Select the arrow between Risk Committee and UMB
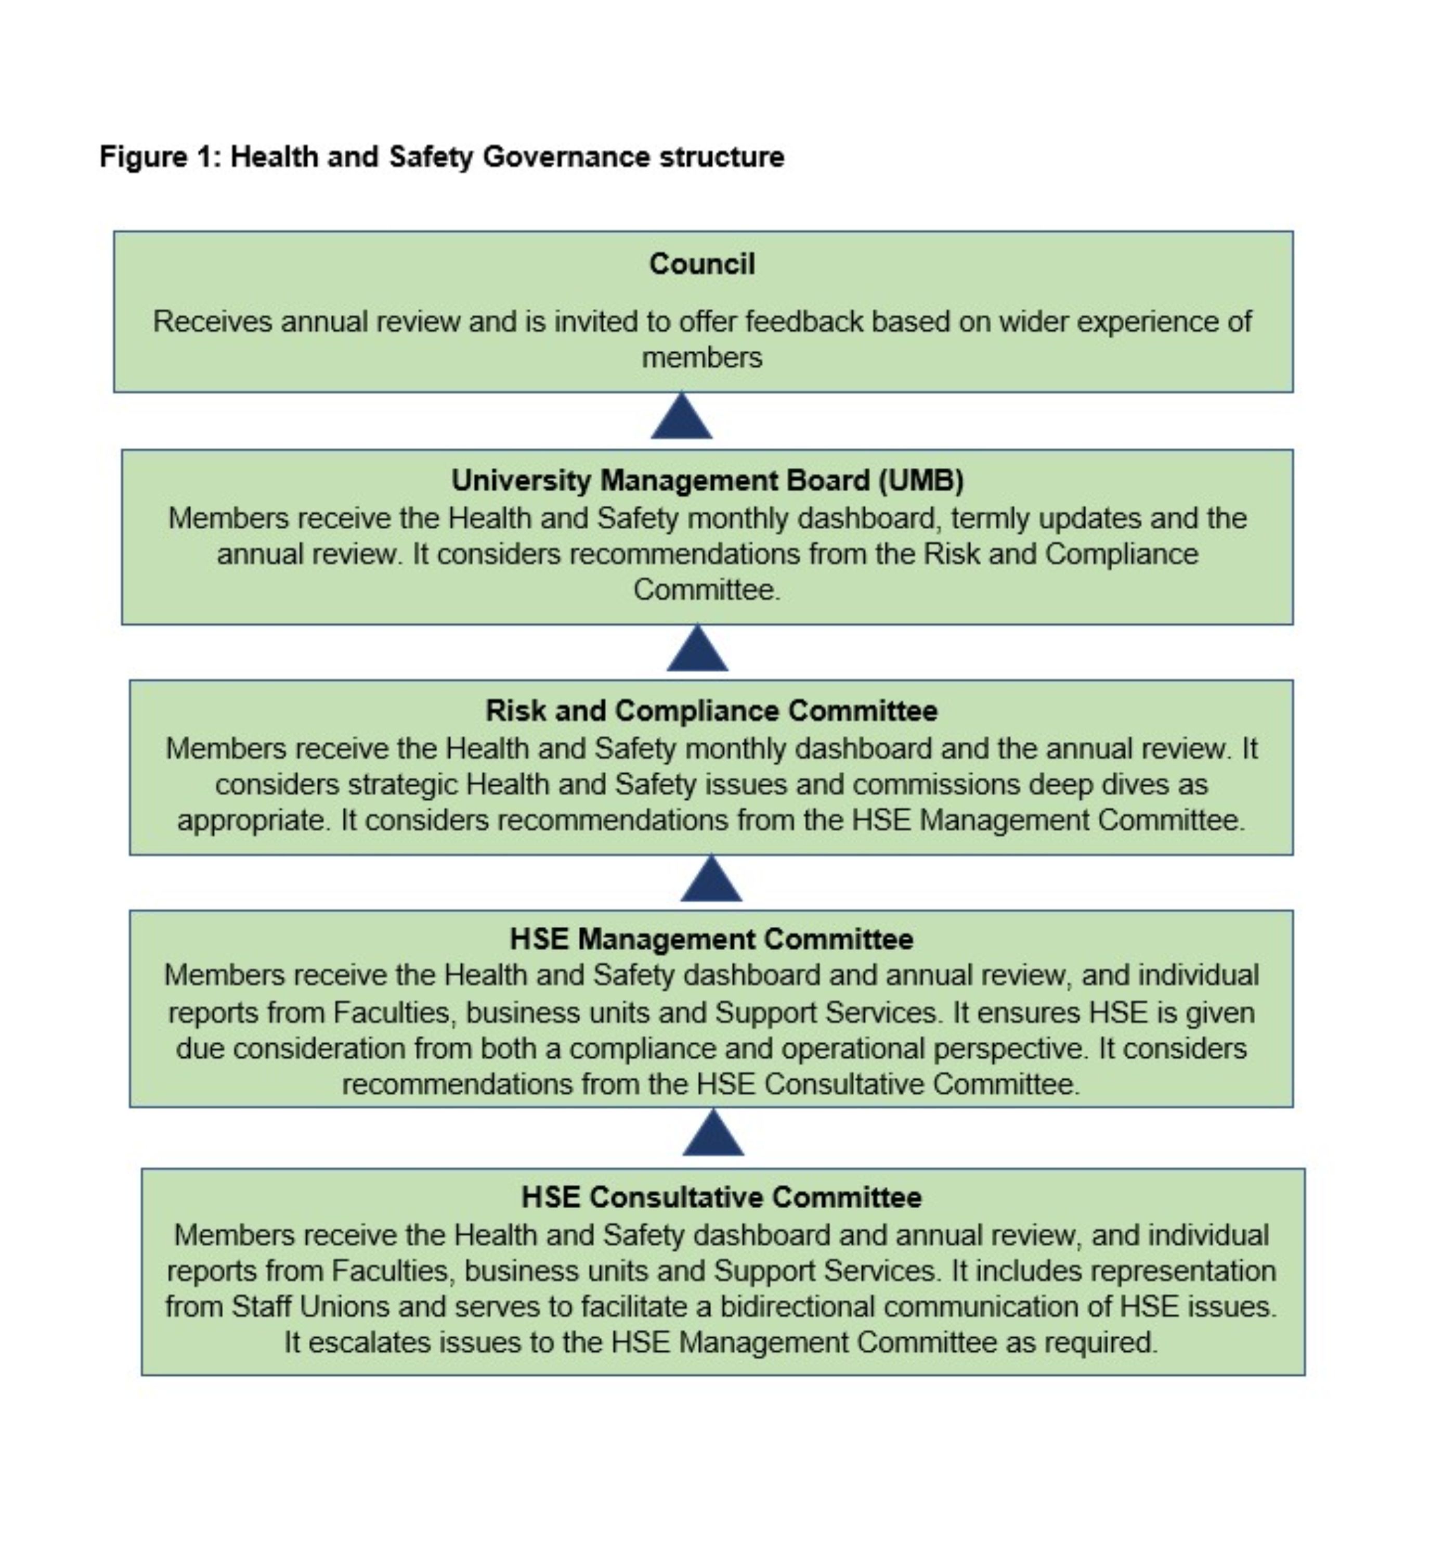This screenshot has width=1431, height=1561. point(697,649)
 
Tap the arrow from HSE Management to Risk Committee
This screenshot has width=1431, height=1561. point(711,879)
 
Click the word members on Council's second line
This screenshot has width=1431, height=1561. point(701,358)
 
